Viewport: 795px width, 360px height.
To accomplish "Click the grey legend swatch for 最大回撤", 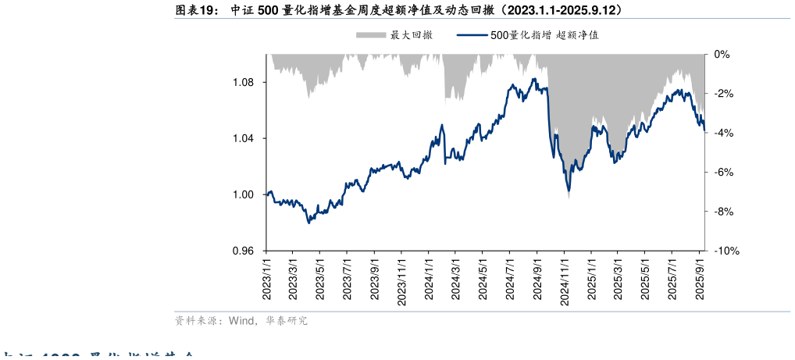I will pyautogui.click(x=371, y=35).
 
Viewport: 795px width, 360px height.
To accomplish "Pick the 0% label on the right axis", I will pyautogui.click(x=722, y=55).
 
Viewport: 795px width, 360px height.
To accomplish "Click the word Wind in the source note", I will pyautogui.click(x=241, y=320).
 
